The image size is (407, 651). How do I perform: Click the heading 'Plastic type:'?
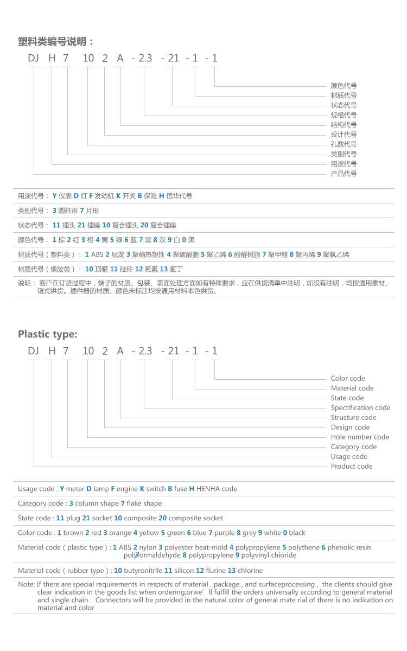48,334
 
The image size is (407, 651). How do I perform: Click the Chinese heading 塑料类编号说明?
55,42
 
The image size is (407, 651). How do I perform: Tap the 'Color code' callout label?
348,379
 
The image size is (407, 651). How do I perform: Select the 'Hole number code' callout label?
360,437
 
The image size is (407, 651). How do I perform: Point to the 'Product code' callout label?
352,467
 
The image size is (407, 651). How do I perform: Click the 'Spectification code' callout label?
360,408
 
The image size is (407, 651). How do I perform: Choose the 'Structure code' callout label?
353,418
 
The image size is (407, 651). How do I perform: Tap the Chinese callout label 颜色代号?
344,86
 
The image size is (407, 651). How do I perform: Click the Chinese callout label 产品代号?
344,174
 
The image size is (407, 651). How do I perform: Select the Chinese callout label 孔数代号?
344,144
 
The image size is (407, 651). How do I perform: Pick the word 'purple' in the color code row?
225,533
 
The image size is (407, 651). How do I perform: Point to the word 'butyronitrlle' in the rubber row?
143,571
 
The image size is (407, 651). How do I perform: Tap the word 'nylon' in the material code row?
147,548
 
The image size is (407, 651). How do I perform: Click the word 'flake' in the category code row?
135,503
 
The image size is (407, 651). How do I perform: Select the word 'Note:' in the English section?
26,585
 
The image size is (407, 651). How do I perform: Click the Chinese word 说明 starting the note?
25,283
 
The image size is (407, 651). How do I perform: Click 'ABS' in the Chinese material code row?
97,254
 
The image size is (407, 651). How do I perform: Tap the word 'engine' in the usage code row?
128,489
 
